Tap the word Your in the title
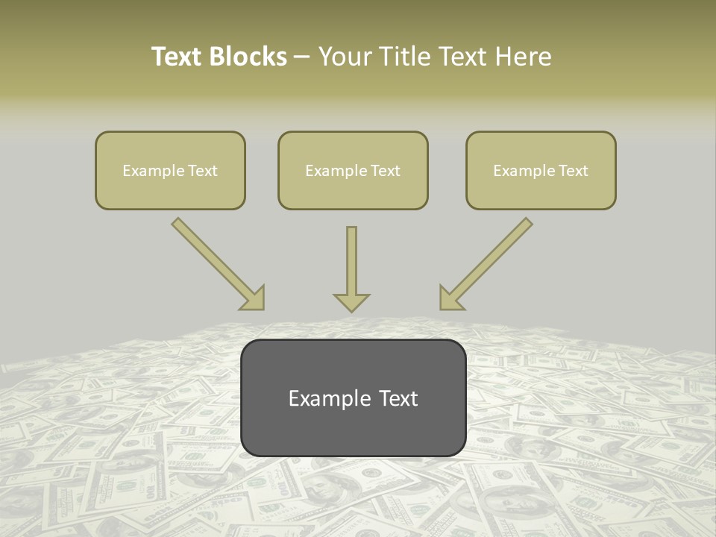click(x=346, y=57)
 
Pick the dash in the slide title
click(x=302, y=57)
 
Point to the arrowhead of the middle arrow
click(x=351, y=301)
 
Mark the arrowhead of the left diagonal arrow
click(x=254, y=298)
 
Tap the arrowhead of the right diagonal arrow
click(x=450, y=298)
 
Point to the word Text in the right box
click(x=574, y=171)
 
